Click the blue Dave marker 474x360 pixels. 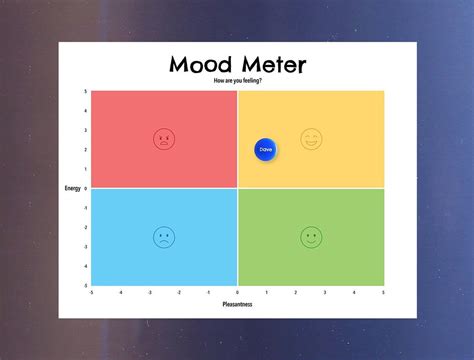click(x=265, y=149)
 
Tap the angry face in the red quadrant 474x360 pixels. click(x=163, y=139)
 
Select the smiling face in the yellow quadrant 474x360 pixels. click(x=311, y=139)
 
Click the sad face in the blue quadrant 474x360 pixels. click(x=163, y=237)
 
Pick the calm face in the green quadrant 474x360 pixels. click(x=311, y=237)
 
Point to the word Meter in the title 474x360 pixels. click(x=272, y=65)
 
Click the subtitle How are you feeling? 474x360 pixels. click(x=237, y=81)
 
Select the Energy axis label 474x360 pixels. click(x=72, y=188)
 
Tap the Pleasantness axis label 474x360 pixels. click(x=237, y=304)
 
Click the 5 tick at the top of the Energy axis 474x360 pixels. click(x=86, y=92)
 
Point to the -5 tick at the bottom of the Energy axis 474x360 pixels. click(x=86, y=285)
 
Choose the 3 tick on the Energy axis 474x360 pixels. click(x=86, y=130)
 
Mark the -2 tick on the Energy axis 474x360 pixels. click(x=86, y=227)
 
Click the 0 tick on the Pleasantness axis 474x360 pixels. click(x=237, y=292)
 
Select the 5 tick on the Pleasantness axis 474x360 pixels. click(x=383, y=292)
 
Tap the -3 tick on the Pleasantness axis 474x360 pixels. click(x=150, y=292)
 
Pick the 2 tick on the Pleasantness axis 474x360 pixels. click(x=296, y=292)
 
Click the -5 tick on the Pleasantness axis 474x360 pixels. click(x=91, y=292)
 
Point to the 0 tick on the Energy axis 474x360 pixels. click(x=86, y=188)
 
